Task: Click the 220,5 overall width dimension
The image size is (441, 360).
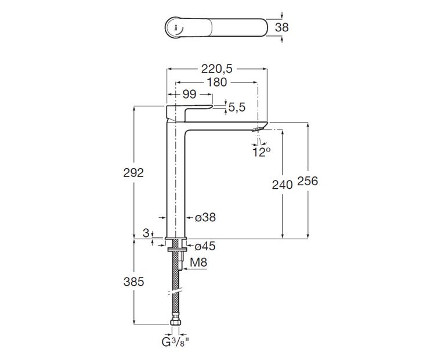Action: coord(216,69)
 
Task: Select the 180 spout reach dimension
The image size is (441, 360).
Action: coord(216,82)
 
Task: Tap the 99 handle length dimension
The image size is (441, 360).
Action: coord(189,94)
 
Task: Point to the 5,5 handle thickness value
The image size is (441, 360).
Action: coord(237,107)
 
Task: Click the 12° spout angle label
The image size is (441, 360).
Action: coord(261,152)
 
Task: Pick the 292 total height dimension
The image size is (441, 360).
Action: coord(133,172)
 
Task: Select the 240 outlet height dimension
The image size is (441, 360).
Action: coord(282,185)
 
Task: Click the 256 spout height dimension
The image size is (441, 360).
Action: coord(308,181)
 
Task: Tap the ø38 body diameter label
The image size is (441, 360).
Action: coord(205,217)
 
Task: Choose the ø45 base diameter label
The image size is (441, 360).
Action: coord(205,246)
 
